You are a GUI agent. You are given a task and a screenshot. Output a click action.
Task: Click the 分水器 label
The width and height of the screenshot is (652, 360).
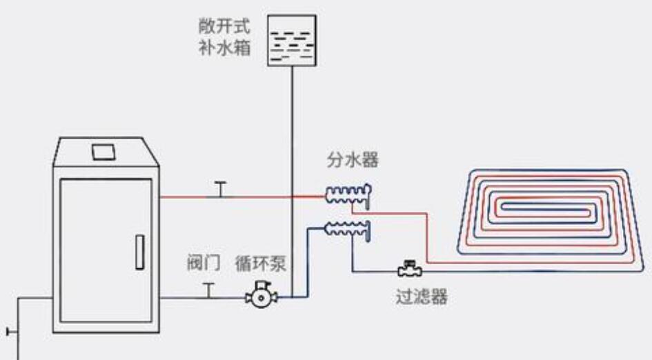353,161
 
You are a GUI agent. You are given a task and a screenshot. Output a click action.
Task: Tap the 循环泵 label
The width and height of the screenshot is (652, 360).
260,264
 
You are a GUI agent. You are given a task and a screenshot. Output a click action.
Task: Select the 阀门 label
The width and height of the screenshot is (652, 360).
204,263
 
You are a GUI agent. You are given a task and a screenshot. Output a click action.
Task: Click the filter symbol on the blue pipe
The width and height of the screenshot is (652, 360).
410,269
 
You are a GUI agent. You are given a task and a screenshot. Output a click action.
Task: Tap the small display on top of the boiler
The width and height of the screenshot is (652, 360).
104,150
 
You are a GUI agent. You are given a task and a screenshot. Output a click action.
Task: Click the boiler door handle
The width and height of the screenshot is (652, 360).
139,252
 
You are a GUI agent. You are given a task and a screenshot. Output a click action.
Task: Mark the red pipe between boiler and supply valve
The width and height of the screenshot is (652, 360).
186,197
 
